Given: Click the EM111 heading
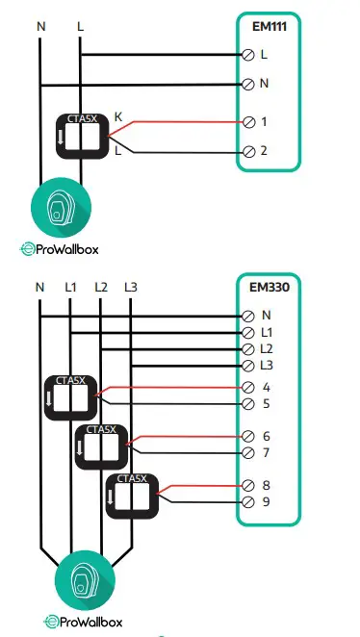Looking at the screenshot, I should tap(272, 28).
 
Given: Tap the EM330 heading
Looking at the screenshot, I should tap(272, 288).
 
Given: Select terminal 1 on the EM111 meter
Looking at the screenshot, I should tap(250, 123).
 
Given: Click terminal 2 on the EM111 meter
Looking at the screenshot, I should tap(250, 152).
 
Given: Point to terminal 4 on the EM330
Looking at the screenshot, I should tap(250, 388).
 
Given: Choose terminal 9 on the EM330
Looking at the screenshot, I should tap(250, 501).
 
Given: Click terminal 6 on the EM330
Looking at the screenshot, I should tap(250, 436).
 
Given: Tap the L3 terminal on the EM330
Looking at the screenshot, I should tap(250, 366).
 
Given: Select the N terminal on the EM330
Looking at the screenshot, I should tap(250, 315).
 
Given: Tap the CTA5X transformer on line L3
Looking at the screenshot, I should tap(131, 495).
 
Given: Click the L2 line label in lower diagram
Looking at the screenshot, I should tap(101, 287).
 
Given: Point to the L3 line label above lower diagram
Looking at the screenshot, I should tap(132, 287).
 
